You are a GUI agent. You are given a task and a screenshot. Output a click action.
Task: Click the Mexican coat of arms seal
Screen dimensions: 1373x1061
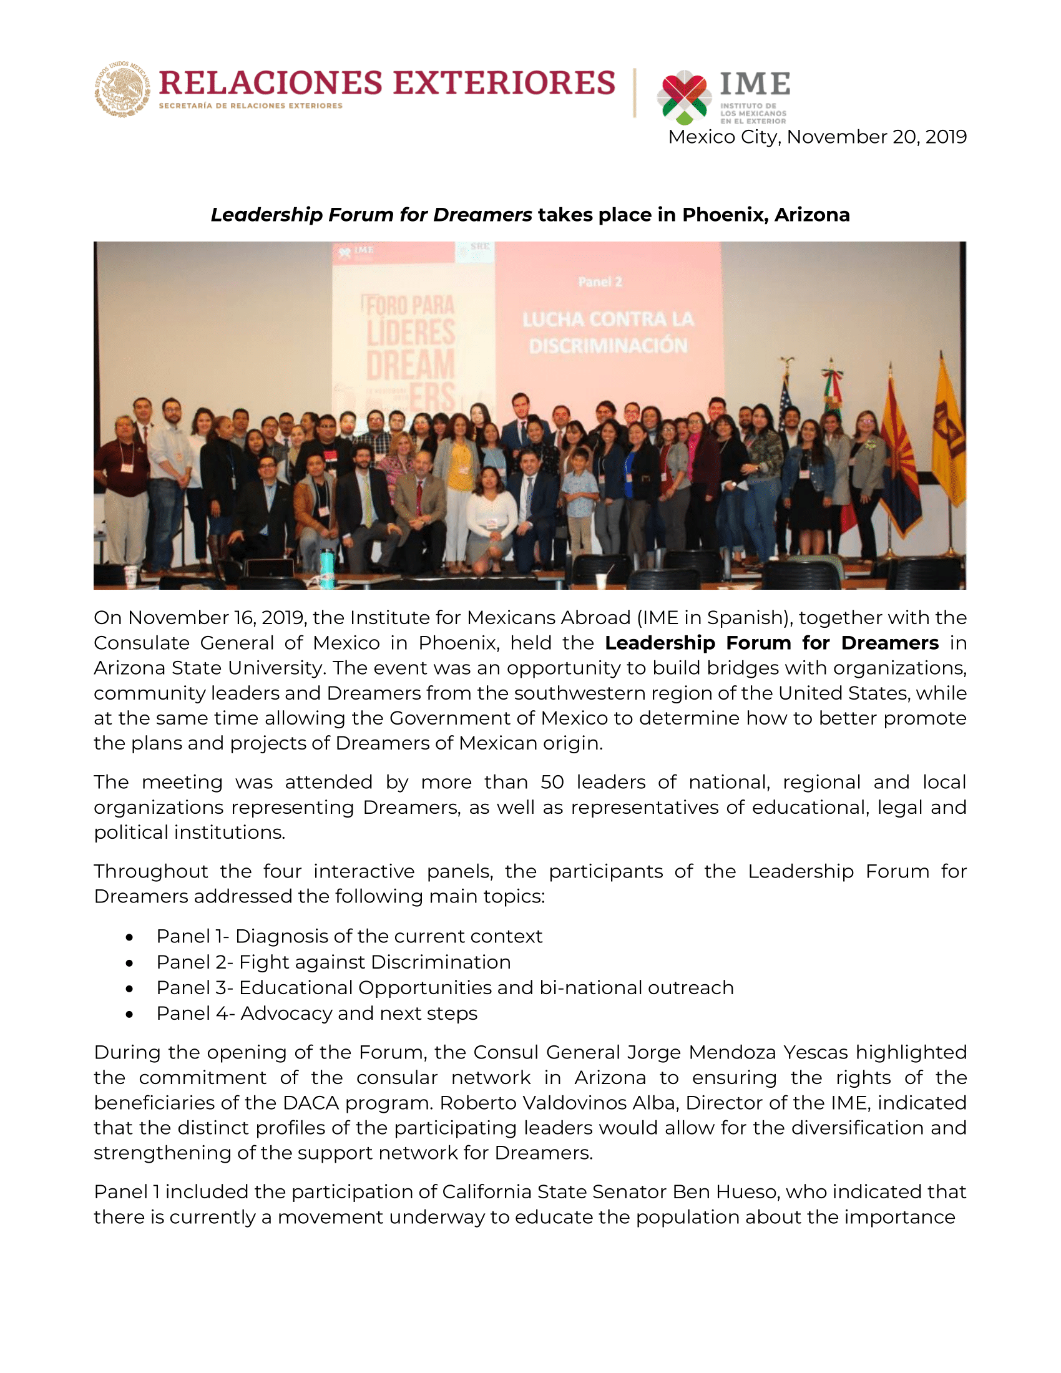click(122, 89)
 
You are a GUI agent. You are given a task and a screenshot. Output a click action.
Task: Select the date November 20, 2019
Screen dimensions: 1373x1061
click(876, 137)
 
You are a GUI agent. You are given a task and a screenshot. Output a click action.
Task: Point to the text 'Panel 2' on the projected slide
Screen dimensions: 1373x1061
click(600, 282)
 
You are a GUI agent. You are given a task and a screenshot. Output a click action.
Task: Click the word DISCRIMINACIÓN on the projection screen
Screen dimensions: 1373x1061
click(608, 346)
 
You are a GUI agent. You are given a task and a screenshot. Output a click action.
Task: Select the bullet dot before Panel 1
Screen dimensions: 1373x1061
click(129, 937)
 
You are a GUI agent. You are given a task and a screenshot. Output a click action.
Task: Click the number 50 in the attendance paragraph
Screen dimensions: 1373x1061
click(552, 782)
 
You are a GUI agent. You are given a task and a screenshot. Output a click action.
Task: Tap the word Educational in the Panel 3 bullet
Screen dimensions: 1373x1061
click(296, 989)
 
